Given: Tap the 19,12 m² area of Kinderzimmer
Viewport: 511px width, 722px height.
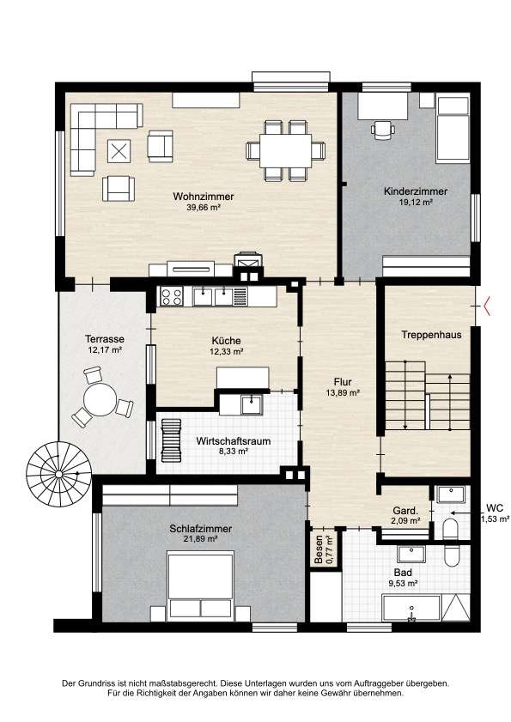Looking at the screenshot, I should click(x=415, y=203).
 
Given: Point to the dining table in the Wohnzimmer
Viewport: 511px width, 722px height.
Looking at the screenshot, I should click(x=287, y=151).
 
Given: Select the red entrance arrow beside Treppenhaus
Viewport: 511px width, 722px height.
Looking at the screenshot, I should click(x=488, y=304).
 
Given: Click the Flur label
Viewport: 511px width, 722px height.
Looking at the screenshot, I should click(x=343, y=382).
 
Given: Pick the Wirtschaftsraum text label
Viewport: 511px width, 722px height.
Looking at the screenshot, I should click(x=221, y=440).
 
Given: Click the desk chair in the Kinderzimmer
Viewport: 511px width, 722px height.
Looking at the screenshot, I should click(x=382, y=129).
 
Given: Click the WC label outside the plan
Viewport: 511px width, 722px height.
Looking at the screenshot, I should click(x=494, y=507).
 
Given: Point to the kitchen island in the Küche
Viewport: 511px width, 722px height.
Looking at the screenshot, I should click(x=243, y=377).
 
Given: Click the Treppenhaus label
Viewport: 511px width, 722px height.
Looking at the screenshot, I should click(x=427, y=335).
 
